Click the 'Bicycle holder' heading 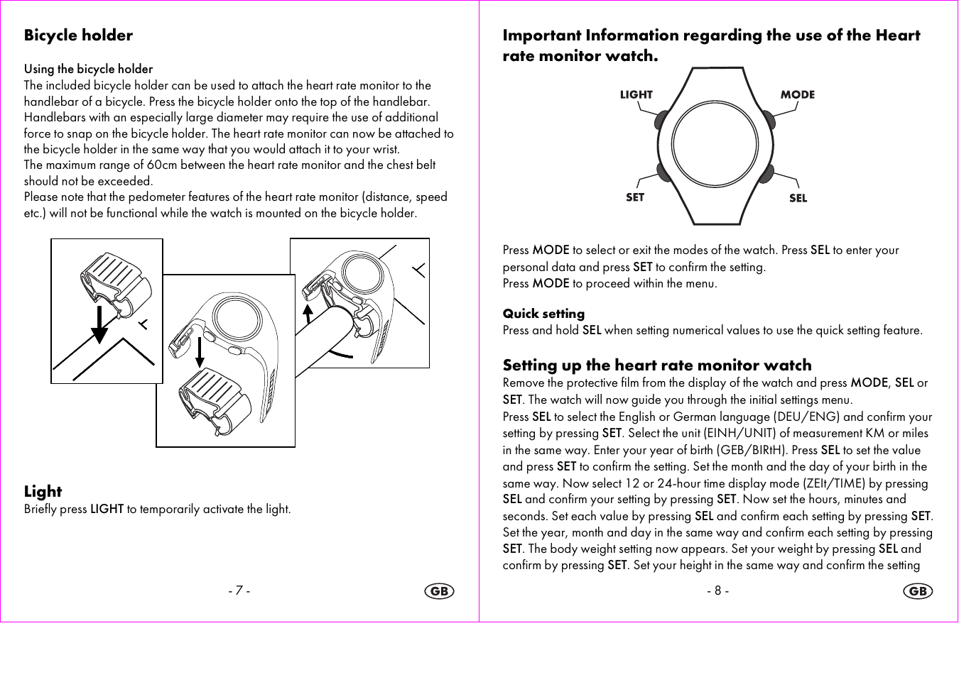(78, 35)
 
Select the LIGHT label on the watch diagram (636, 94)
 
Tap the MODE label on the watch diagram (797, 94)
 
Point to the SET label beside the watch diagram (634, 197)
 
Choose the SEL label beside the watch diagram (798, 199)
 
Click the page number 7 (239, 590)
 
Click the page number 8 (717, 590)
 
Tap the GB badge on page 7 (439, 591)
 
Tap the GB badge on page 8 (918, 591)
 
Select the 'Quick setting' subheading (543, 314)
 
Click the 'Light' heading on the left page (43, 491)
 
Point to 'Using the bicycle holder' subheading (88, 69)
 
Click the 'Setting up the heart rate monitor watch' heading (656, 365)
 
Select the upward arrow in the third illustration (308, 313)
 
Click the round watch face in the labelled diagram (715, 145)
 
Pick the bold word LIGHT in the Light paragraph (107, 509)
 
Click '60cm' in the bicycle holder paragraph (162, 165)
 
